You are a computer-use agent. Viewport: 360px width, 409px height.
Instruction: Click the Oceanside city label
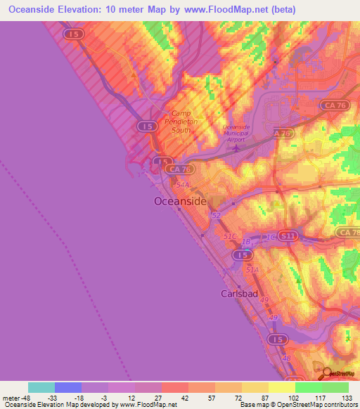[180, 202]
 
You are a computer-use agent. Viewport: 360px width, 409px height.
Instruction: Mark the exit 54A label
[183, 184]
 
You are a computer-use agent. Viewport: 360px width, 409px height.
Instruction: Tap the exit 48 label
[285, 358]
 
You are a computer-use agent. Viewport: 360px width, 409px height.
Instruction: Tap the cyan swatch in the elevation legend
[41, 387]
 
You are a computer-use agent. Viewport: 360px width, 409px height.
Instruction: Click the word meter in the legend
[11, 397]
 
